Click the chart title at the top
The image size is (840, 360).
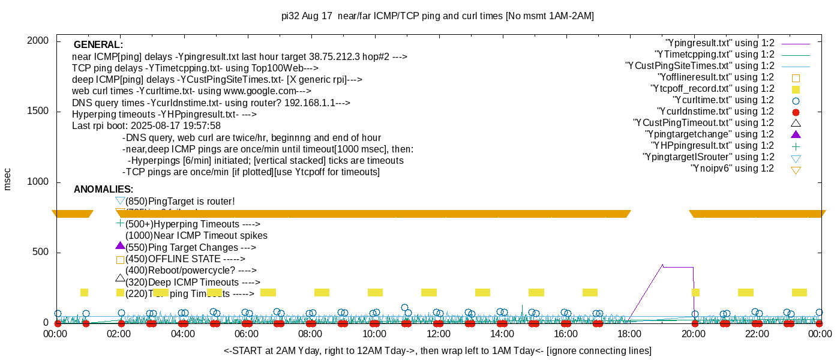coord(437,16)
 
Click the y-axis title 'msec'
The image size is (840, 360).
coord(8,179)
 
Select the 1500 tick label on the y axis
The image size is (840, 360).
coord(38,112)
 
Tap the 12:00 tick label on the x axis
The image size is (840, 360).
coord(438,334)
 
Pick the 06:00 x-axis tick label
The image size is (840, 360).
coord(247,334)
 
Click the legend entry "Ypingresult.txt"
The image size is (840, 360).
coord(720,43)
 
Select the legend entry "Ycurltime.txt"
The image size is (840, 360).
coord(724,100)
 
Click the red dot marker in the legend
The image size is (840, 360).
coord(796,112)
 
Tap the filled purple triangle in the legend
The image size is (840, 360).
coord(796,134)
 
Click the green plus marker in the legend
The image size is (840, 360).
coord(796,146)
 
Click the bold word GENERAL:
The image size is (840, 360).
coord(98,45)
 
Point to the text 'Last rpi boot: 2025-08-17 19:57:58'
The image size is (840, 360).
coord(146,126)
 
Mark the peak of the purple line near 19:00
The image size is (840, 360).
coord(662,265)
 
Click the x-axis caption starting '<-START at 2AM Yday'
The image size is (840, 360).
coord(437,350)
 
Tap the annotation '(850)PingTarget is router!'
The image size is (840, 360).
coord(180,202)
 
